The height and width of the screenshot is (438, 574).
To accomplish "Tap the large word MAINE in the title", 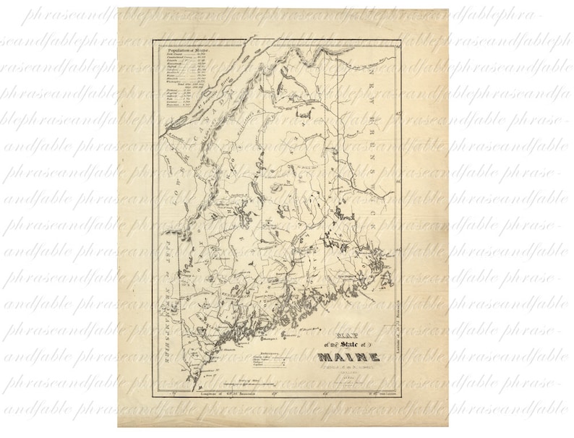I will point(347,356).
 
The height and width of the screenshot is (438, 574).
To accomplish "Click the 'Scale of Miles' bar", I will point(253,382).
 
